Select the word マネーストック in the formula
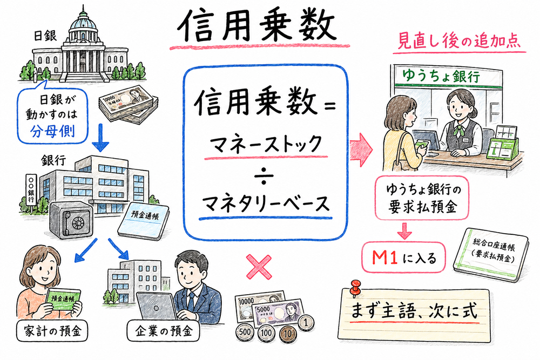(264, 145)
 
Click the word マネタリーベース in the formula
(264, 205)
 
